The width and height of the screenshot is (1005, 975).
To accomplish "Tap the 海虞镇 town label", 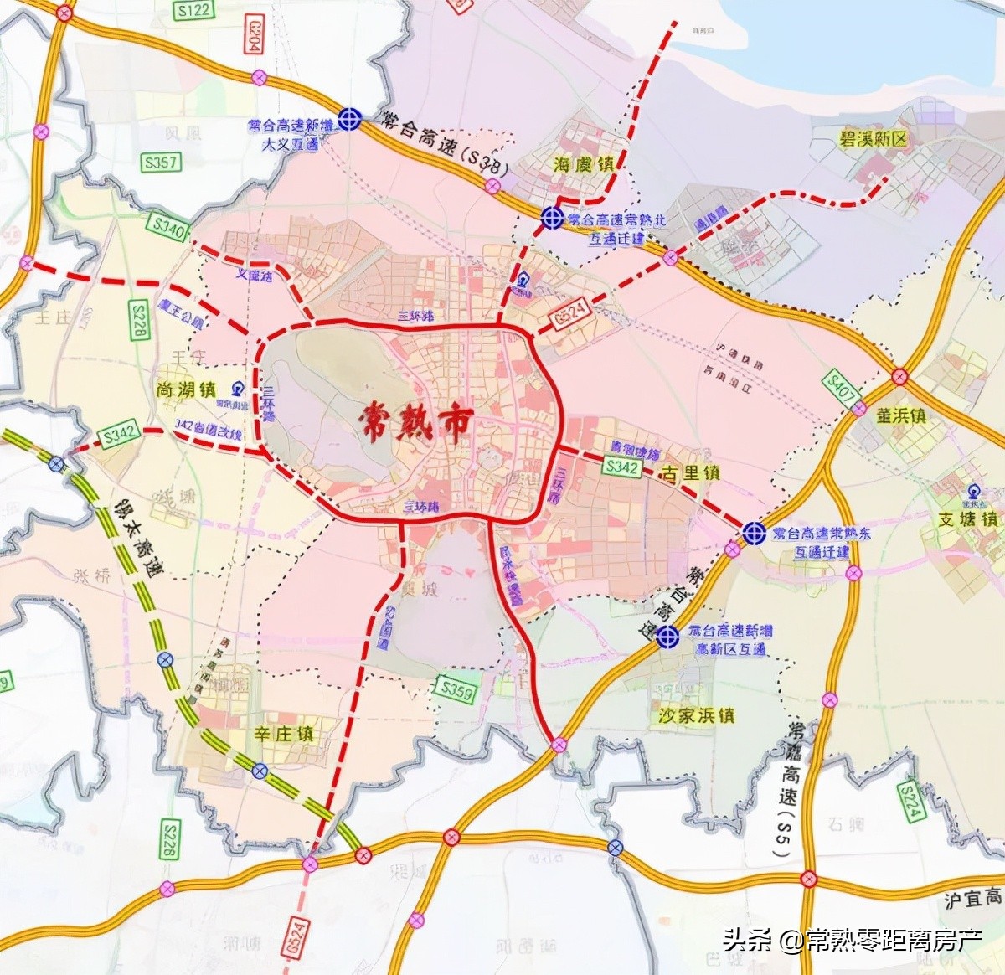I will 584,164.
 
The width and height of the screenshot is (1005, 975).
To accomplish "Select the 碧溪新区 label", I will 874,139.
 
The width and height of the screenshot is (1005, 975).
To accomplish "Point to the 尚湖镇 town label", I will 186,389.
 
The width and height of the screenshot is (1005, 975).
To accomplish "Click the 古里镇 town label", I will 691,473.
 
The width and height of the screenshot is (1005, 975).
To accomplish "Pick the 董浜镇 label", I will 900,415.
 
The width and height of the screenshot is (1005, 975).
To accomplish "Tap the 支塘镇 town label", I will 967,519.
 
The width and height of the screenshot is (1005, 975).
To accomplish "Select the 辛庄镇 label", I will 284,735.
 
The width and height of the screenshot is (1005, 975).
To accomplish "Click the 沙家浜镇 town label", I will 696,715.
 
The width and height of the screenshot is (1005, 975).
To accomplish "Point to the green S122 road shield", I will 193,10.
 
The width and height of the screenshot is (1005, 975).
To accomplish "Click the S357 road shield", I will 161,162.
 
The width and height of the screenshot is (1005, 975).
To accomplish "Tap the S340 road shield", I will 168,227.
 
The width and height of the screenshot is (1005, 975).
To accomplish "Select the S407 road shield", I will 842,387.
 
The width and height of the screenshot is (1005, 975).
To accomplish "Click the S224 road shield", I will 910,801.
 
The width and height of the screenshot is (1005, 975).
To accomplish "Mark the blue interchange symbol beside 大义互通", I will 349,119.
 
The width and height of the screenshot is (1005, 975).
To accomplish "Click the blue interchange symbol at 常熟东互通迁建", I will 754,532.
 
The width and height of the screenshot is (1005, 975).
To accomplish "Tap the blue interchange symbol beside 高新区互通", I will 667,637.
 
